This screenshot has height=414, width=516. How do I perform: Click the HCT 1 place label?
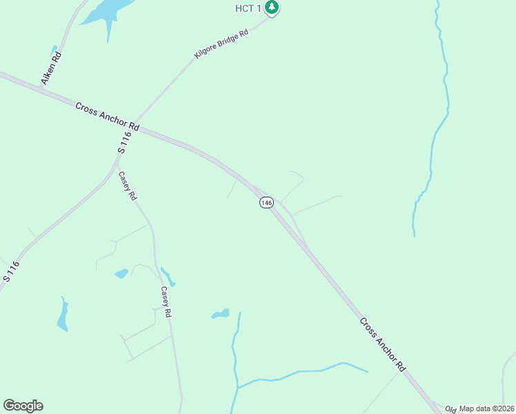click(x=249, y=7)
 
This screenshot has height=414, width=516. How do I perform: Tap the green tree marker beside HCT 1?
click(x=272, y=8)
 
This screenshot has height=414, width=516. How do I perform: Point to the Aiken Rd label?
click(x=51, y=68)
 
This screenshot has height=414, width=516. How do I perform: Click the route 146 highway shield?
click(x=266, y=202)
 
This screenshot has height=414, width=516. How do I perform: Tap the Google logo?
click(x=23, y=406)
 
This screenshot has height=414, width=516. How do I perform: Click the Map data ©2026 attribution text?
click(x=486, y=408)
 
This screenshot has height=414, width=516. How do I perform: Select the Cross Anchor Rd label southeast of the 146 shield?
click(x=382, y=345)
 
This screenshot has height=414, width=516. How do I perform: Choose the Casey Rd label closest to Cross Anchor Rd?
click(x=128, y=186)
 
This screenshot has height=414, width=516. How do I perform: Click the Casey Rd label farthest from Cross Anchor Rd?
click(x=166, y=302)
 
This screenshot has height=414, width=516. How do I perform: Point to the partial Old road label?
click(x=451, y=408)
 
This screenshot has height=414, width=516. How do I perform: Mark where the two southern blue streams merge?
click(x=238, y=387)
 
